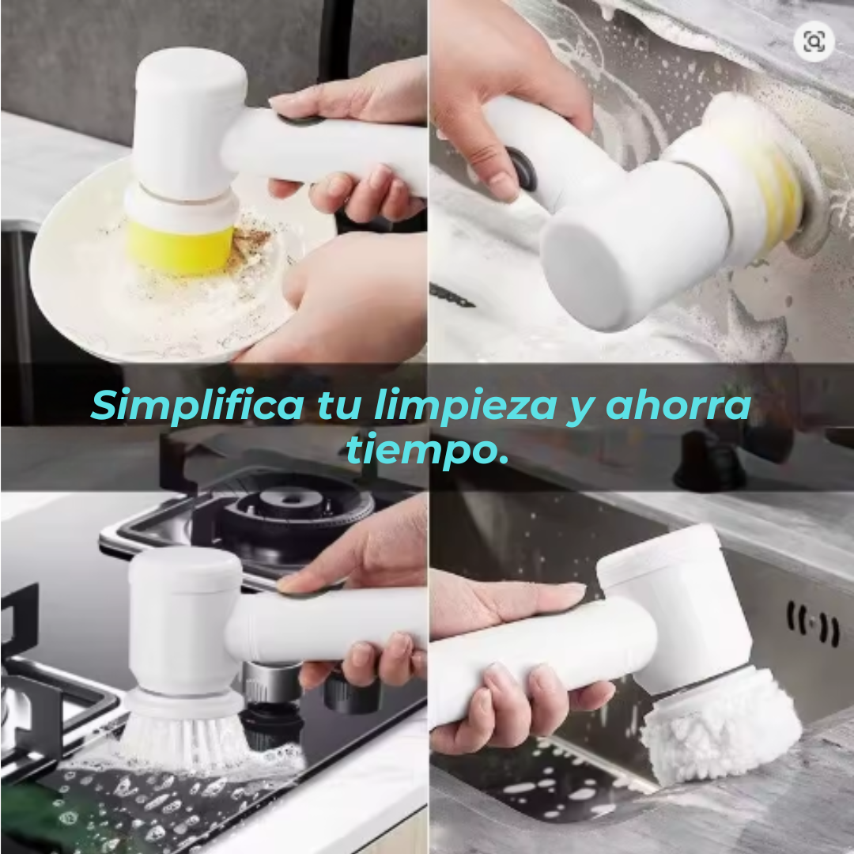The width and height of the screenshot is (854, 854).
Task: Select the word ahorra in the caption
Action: click(678, 404)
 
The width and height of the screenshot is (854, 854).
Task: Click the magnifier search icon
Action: click(814, 41)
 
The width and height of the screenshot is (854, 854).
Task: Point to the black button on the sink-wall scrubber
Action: click(523, 169)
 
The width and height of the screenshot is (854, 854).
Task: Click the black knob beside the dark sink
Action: click(709, 460)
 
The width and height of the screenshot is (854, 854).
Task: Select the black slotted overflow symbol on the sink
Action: click(813, 624)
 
